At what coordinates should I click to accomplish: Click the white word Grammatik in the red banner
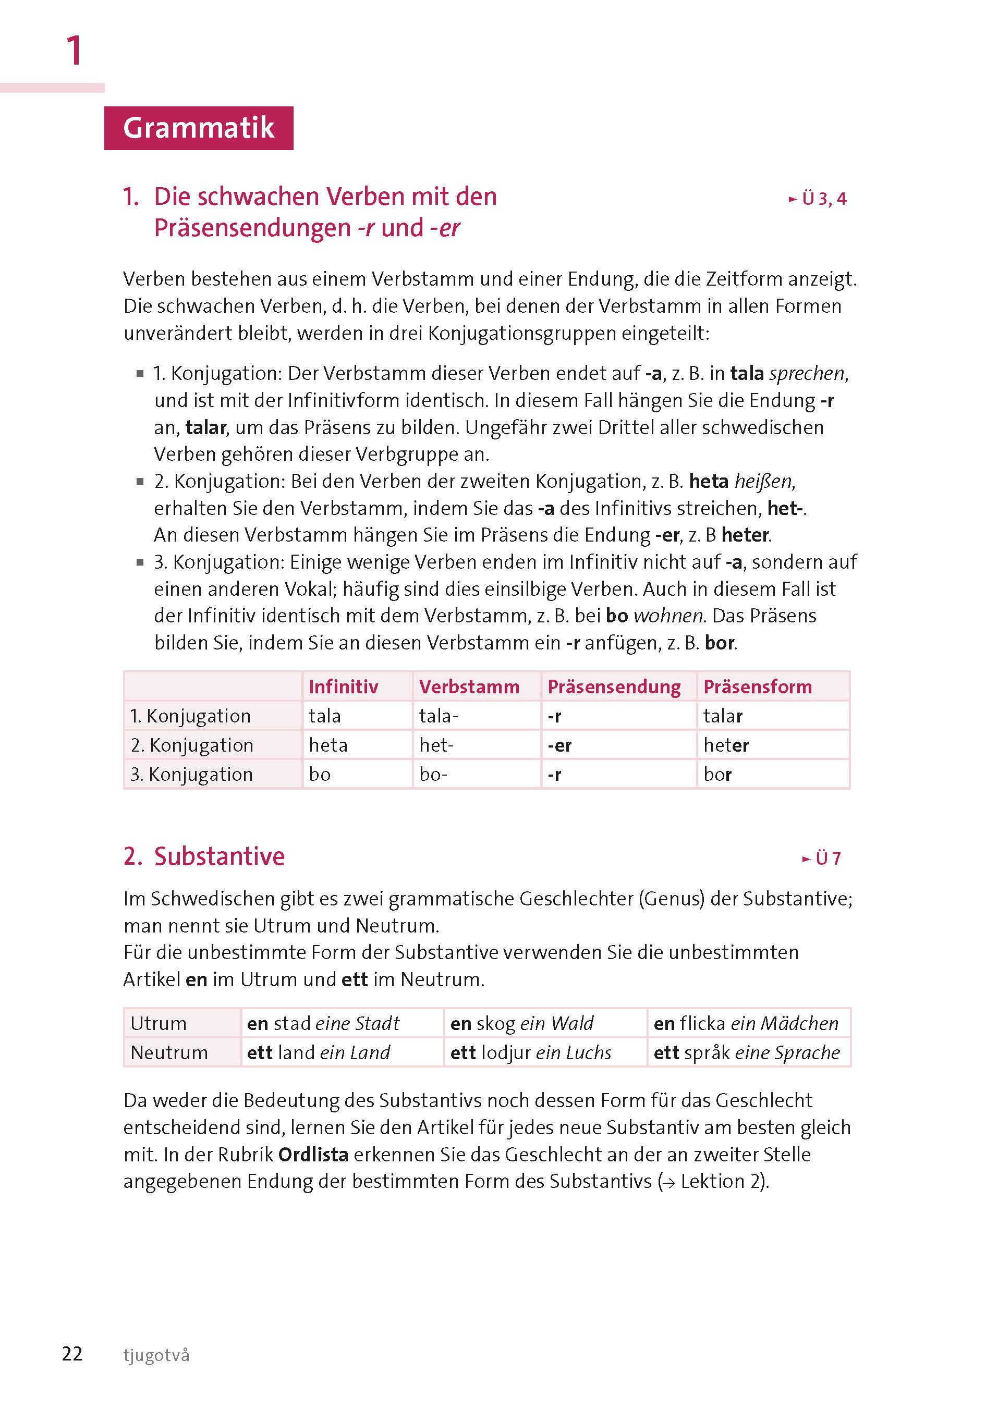point(199,128)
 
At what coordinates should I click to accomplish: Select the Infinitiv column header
point(343,686)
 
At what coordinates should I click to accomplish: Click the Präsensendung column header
point(613,686)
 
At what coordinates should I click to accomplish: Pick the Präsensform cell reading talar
point(723,716)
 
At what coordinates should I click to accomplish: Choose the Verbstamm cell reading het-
point(436,745)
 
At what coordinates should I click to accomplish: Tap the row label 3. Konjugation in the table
point(191,774)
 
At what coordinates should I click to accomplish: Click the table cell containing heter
point(726,745)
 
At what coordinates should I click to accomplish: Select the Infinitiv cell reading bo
point(320,774)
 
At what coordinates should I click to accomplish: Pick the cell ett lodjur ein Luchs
point(530,1052)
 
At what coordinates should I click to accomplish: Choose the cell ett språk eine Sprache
point(746,1052)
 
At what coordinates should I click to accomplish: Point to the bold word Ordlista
point(313,1155)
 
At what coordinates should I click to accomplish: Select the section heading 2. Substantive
point(204,856)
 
